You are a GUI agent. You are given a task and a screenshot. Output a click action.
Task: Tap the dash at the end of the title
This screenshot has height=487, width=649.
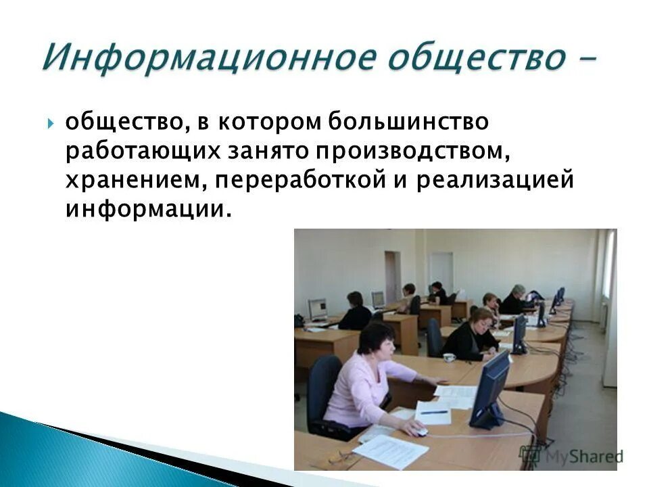588,60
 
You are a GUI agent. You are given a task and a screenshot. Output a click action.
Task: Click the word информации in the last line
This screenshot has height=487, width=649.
143,209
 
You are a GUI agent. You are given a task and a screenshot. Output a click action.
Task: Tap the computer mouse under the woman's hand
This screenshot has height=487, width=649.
420,432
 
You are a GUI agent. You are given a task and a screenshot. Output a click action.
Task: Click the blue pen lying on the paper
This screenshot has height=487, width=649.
433,411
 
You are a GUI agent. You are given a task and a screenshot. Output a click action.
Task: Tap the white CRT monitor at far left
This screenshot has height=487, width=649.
318,309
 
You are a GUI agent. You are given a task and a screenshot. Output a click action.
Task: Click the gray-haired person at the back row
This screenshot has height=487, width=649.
519,292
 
